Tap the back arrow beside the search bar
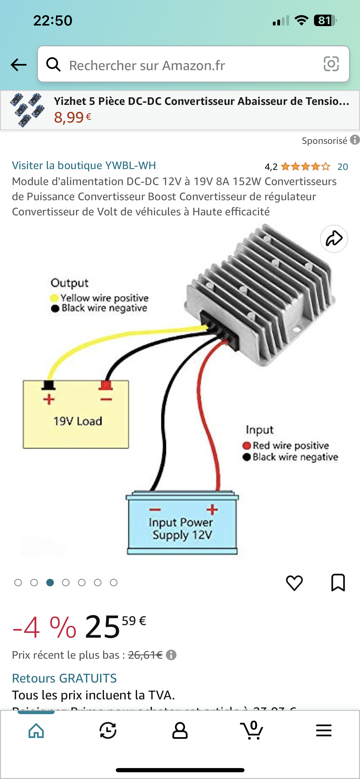point(19,65)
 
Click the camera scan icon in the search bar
point(331,64)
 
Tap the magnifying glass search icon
point(54,64)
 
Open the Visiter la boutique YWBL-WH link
point(84,165)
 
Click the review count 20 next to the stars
point(342,167)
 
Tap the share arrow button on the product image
point(334,239)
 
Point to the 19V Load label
point(78,421)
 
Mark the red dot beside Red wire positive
point(247,446)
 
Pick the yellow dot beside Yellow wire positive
point(54,298)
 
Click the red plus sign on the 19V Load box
point(49,399)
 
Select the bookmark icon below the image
point(338,582)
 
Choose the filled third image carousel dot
point(50,582)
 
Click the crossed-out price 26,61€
point(145,655)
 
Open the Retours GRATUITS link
point(64,678)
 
